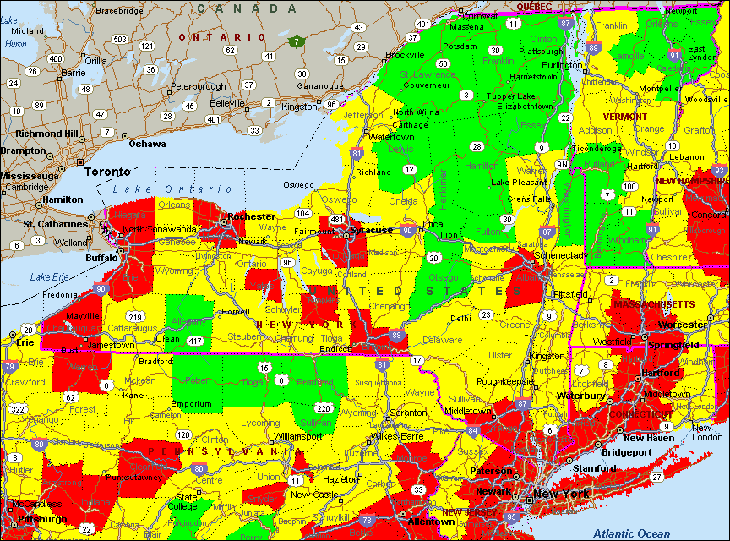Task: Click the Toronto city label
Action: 107,171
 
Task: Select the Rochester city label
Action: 252,216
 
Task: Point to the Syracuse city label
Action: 373,230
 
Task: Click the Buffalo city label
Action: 102,258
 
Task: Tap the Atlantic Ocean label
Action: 631,533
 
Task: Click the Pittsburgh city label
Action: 35,518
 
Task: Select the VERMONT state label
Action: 624,117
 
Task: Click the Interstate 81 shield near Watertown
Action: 357,154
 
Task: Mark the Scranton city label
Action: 408,415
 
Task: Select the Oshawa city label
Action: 147,144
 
